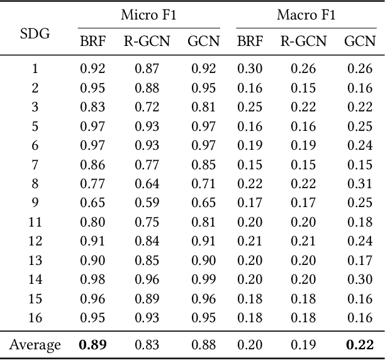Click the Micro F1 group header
[149, 15]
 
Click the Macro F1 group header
[306, 15]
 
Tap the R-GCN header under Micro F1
[147, 42]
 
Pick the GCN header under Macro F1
[359, 42]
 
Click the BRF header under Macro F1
[250, 42]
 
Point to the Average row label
[35, 345]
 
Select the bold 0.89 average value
[92, 345]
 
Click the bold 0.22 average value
[359, 345]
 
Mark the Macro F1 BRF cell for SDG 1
[250, 68]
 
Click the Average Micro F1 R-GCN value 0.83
[147, 345]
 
